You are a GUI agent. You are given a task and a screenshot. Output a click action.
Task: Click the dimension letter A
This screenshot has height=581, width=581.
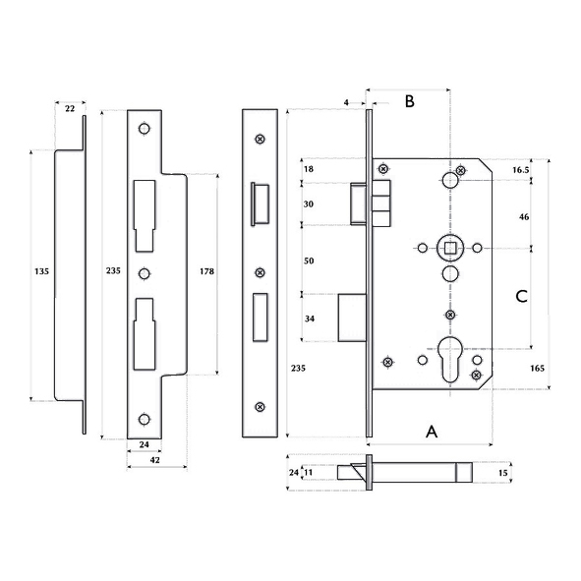[x=432, y=432]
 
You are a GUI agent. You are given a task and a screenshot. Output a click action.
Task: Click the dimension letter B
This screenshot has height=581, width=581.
[x=409, y=101]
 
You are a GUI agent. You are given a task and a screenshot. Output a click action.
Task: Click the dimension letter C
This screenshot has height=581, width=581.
[x=521, y=296]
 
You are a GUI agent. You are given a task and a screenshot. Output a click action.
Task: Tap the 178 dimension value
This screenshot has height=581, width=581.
[x=206, y=271]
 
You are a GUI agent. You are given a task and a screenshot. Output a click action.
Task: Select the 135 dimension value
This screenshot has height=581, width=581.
[x=41, y=271]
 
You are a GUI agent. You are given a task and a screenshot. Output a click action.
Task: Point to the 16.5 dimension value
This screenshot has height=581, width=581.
[x=521, y=170]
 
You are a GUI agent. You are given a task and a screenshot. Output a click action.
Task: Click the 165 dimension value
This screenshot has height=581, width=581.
[x=538, y=369]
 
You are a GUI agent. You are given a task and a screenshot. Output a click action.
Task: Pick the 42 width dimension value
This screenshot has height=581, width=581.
[x=155, y=460]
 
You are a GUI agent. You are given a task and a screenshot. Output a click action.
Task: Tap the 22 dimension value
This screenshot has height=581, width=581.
[x=70, y=108]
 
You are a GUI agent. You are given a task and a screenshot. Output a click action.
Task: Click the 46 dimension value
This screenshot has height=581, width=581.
[x=524, y=217]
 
